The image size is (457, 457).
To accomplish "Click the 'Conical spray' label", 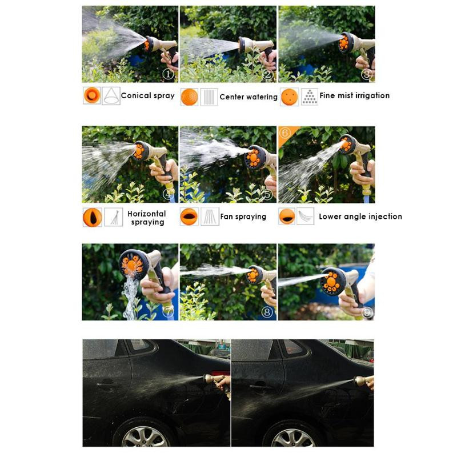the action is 147,95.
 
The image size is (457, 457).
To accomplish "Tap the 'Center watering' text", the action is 248,97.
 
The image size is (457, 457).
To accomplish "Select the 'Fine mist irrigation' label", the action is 354,95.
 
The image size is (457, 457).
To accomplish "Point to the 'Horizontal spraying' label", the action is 147,218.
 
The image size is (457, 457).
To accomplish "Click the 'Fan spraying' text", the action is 243,217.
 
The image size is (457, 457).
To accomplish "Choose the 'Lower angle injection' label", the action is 360,217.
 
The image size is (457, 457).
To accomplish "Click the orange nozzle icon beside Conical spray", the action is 92,95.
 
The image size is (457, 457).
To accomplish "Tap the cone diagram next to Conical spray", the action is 111,95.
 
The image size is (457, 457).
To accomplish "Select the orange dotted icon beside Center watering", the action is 189,97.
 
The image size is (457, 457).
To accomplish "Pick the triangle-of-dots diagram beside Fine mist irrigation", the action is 309,97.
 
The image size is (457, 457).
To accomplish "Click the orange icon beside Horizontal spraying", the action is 93,217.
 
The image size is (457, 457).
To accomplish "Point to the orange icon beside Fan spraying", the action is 189,217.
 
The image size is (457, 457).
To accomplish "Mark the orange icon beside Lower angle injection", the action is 287,217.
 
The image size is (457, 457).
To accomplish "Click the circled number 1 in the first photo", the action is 168,74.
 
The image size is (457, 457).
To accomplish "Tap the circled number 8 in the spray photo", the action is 267,312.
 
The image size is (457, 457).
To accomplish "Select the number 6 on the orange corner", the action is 284,133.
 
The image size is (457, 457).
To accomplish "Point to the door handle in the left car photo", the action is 106,384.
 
